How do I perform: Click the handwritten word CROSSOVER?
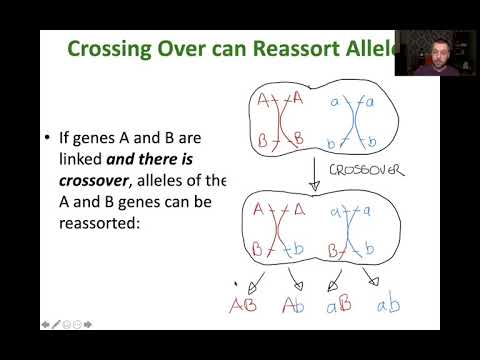click(x=366, y=170)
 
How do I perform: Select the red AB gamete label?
click(x=242, y=304)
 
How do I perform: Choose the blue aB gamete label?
click(x=338, y=304)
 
